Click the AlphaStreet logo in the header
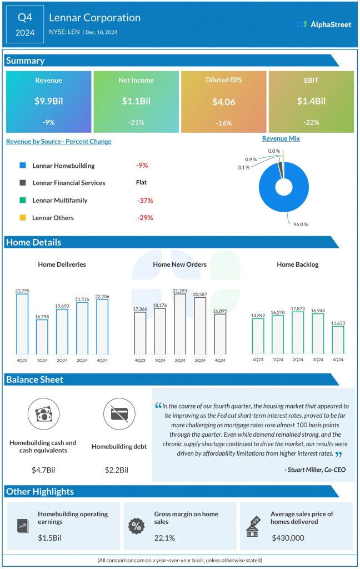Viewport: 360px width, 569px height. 324,24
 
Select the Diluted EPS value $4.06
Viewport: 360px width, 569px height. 223,102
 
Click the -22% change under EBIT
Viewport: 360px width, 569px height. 311,123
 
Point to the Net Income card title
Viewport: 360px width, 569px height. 136,80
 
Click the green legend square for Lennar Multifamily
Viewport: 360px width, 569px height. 22,200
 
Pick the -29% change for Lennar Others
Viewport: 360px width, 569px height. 145,217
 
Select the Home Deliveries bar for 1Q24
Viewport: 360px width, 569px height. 42,337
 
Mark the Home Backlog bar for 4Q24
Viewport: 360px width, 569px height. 338,339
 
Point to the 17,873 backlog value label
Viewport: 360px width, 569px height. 297,308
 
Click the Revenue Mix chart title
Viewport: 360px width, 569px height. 281,138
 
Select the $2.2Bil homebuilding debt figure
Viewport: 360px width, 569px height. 116,470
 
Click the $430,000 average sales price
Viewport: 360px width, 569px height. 288,538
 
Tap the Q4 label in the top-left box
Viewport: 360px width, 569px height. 25,17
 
